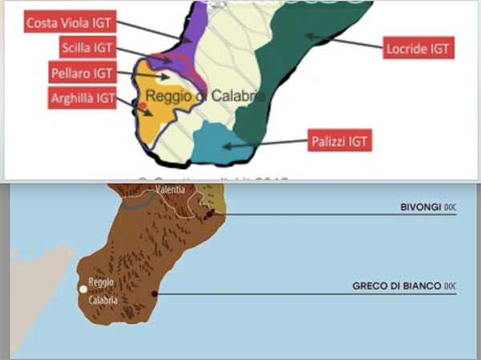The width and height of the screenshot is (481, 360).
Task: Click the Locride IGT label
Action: pyautogui.click(x=418, y=48)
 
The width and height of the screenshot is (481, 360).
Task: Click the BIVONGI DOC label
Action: pyautogui.click(x=428, y=207)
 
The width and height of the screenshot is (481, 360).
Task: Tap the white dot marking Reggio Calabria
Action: pyautogui.click(x=82, y=289)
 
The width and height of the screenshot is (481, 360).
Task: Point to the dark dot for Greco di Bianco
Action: pyautogui.click(x=152, y=295)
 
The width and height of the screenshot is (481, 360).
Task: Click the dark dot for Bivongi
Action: pyautogui.click(x=208, y=215)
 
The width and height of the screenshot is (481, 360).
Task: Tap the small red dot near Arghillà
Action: pyautogui.click(x=141, y=106)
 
